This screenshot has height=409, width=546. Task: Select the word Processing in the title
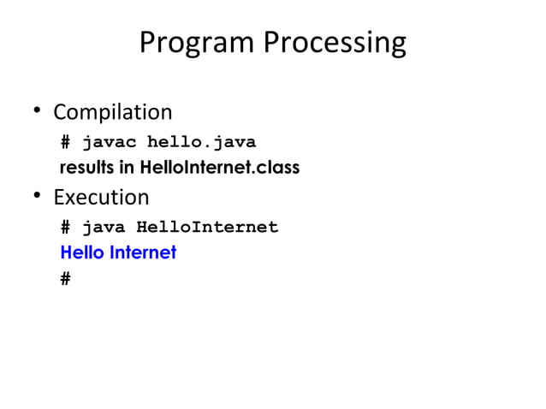(335, 43)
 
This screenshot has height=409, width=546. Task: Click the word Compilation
(112, 113)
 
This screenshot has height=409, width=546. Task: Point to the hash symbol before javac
(66, 141)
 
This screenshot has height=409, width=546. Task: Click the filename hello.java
(202, 141)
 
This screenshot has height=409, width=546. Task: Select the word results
(86, 168)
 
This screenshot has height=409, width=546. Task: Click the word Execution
(101, 198)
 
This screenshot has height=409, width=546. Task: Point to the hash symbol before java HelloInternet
(66, 227)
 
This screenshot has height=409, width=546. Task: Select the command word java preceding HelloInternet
(104, 227)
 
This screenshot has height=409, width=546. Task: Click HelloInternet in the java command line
(207, 227)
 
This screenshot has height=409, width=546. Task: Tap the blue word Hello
(80, 252)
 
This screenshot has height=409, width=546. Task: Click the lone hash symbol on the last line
(66, 278)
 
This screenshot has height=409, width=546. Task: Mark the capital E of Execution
(58, 198)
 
